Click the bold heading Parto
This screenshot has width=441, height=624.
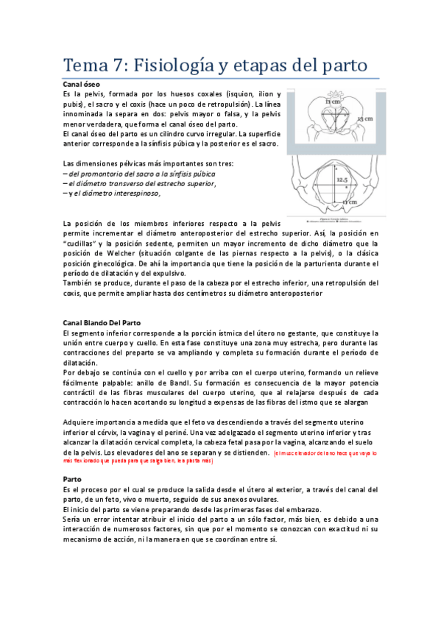click(73, 478)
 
